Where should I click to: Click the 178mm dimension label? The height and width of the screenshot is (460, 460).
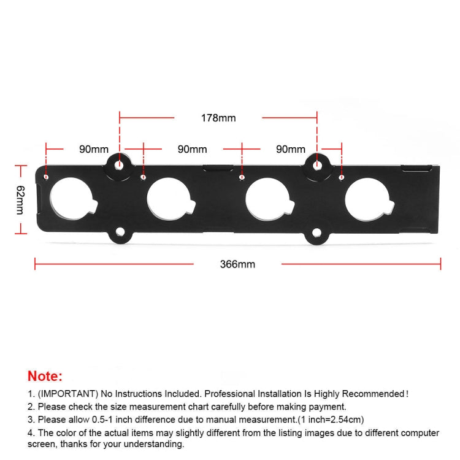[x=218, y=118]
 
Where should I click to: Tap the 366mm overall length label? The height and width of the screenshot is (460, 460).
[x=237, y=265]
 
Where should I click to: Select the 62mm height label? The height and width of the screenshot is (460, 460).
[x=20, y=199]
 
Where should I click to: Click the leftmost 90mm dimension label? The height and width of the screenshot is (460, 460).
[x=94, y=149]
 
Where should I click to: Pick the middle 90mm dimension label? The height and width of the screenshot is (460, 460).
[x=192, y=149]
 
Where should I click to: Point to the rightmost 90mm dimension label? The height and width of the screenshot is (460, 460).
[x=291, y=149]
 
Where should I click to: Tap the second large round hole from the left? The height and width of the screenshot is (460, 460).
[x=167, y=200]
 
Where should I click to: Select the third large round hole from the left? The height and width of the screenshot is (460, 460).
[x=266, y=200]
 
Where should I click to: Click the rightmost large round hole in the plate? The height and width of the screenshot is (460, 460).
[x=365, y=200]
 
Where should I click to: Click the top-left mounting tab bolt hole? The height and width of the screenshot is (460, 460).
[x=120, y=165]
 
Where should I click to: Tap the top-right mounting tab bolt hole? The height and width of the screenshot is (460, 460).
[x=317, y=165]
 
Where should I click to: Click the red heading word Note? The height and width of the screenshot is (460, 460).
[x=45, y=376]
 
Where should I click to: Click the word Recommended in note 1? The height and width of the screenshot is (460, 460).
[x=365, y=394]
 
